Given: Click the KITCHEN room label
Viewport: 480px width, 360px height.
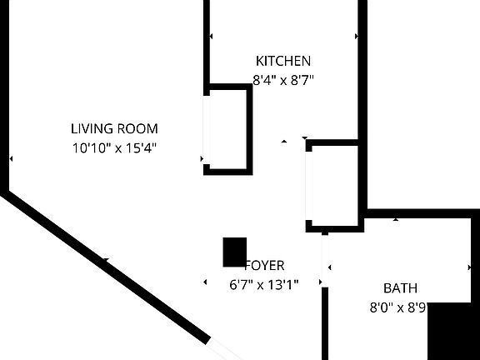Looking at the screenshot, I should click(x=282, y=61).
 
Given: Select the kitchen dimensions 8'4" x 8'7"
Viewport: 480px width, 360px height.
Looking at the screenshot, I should click(x=282, y=81).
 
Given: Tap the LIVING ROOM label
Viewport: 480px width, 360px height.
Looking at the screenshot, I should click(x=114, y=128).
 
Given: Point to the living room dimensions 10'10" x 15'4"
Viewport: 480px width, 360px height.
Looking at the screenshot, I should click(x=114, y=147).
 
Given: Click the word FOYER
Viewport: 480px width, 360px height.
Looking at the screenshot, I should click(x=264, y=266).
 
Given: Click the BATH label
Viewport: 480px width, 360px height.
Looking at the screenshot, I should click(x=400, y=288).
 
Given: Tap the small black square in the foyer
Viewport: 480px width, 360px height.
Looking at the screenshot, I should click(x=234, y=252).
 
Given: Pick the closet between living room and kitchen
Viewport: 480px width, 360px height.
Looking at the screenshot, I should click(x=227, y=129).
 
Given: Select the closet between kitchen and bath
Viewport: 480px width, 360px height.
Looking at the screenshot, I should click(x=333, y=186).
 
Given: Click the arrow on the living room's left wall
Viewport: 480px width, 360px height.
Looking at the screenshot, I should click(x=11, y=158).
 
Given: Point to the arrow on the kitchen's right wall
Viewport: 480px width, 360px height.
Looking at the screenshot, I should click(x=357, y=37).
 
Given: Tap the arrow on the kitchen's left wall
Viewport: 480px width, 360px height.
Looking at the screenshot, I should click(x=211, y=37).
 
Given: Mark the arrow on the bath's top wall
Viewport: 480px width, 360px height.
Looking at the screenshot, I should click(x=396, y=219).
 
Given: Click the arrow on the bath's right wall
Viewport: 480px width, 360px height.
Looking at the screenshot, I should click(x=469, y=268).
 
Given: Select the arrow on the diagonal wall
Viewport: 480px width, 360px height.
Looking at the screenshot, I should click(x=105, y=262).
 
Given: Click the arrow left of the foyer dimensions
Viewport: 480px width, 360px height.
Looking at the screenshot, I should click(x=206, y=283).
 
